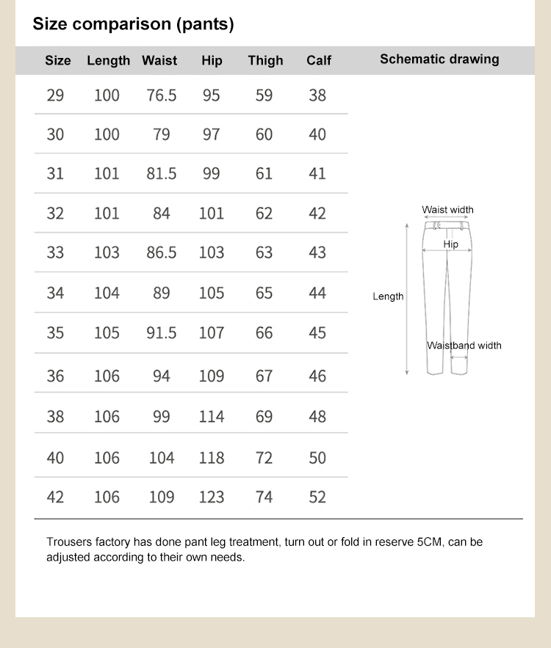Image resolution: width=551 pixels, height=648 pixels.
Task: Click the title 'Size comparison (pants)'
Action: [x=133, y=24]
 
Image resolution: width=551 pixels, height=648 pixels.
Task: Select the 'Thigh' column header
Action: [x=265, y=60]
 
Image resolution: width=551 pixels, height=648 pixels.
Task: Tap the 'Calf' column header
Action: [x=319, y=60]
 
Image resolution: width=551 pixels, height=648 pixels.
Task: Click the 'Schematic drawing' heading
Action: [x=439, y=59]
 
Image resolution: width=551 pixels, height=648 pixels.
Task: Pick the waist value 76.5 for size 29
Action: [x=162, y=95]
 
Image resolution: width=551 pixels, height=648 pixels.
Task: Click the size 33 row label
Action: [x=55, y=252]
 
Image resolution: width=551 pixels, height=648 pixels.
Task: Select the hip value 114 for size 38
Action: [x=212, y=417]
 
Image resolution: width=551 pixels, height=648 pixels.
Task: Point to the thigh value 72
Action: [x=264, y=458]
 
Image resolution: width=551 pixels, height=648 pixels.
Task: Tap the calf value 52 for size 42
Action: [x=317, y=498]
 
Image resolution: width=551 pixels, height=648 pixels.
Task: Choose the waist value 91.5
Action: [x=162, y=333]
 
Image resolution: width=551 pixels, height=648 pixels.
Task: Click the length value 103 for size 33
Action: [x=107, y=252]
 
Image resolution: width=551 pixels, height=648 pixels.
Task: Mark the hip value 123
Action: [x=212, y=498]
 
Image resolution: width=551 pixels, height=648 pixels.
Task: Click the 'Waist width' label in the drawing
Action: [x=447, y=210]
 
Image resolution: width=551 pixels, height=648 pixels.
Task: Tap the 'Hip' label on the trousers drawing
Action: [x=451, y=244]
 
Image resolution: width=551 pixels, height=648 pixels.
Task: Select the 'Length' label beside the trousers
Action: [x=388, y=296]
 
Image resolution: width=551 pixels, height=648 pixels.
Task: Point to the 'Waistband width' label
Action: [x=464, y=346]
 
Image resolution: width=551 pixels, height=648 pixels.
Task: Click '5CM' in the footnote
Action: [x=431, y=542]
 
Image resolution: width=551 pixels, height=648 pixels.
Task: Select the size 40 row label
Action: [x=55, y=458]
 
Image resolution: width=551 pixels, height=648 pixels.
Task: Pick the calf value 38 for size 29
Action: [x=317, y=95]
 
